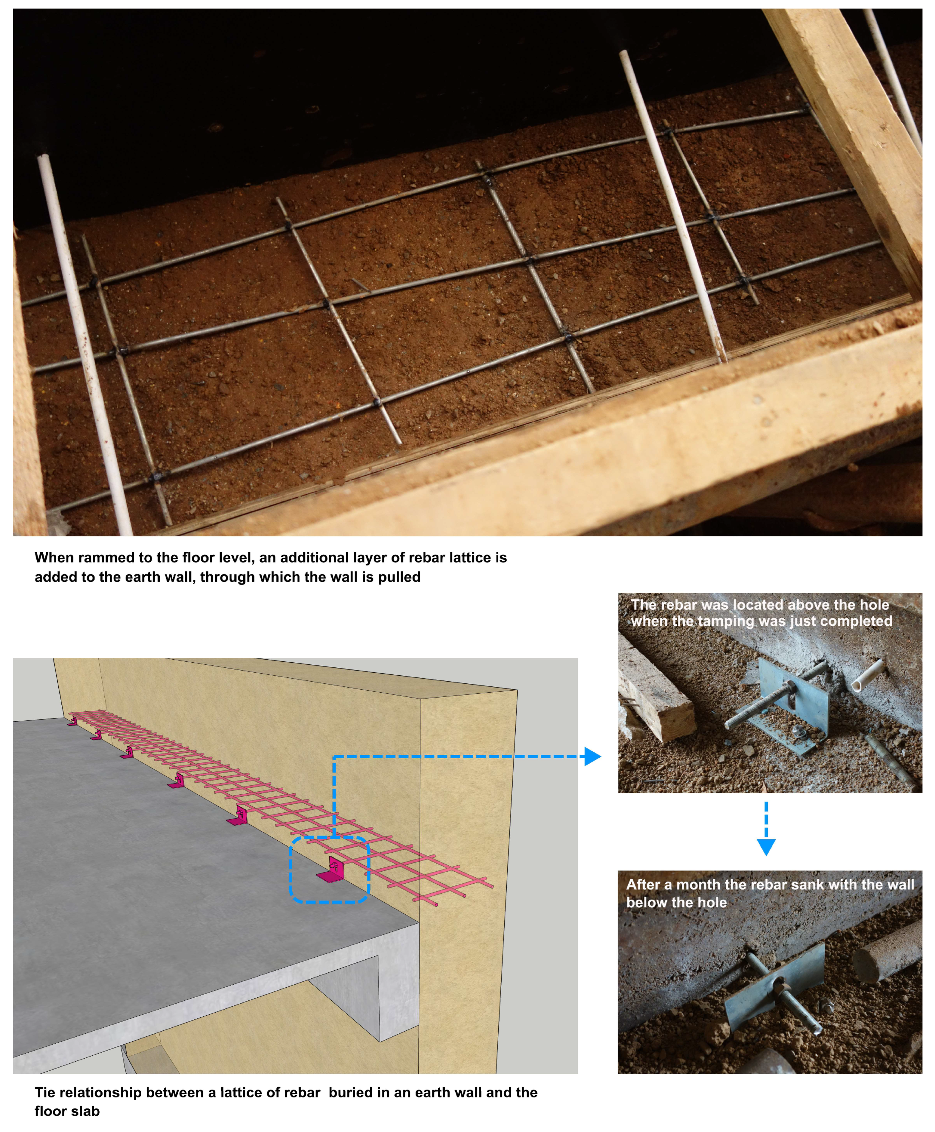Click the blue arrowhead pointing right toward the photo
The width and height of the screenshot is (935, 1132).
click(x=592, y=756)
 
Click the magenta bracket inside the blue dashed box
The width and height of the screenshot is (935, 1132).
click(x=331, y=871)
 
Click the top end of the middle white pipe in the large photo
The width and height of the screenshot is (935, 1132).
click(x=624, y=53)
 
